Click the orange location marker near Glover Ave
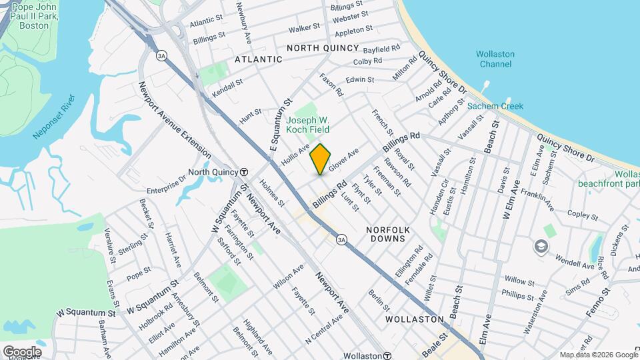pos(320,159)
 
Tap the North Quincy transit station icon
pos(245,172)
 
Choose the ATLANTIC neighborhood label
pos(259,59)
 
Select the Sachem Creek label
pos(495,106)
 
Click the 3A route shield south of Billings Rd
pos(342,239)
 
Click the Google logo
pos(21,351)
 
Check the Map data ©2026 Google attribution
pos(598,355)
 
